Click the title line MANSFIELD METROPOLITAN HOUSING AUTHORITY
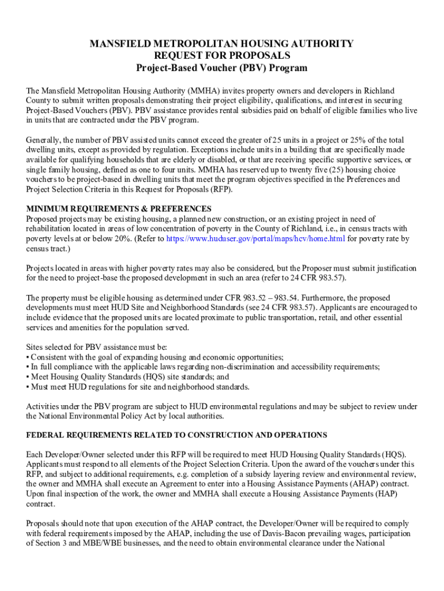tap(221, 44)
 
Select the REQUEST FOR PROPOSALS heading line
tap(221, 56)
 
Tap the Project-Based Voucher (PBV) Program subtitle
tap(221, 68)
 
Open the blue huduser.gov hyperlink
tap(255, 238)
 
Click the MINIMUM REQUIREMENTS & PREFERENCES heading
tap(119, 208)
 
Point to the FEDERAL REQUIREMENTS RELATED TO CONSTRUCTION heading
tap(176, 435)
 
